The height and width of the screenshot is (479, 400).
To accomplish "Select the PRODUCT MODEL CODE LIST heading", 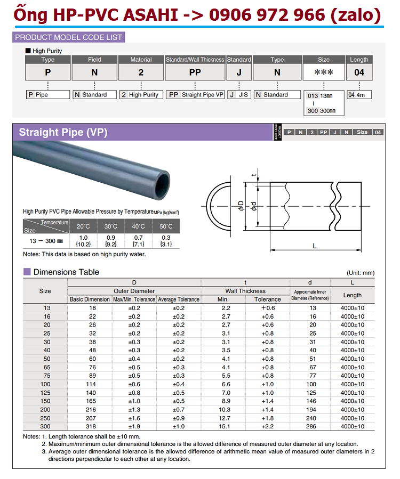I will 69,37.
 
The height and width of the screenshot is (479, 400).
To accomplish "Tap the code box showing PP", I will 195,72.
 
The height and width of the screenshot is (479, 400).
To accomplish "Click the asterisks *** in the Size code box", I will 324,72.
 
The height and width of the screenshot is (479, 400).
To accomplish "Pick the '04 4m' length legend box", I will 359,95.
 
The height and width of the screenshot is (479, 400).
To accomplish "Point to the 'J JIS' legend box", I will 239,95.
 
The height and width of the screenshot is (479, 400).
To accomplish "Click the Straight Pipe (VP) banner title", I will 63,132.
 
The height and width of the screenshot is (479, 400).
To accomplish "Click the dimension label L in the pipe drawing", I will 315,246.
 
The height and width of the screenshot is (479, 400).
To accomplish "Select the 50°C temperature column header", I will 166,226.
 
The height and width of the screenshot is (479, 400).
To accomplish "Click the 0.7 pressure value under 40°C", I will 138,238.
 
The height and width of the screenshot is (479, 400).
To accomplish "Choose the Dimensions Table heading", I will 66,272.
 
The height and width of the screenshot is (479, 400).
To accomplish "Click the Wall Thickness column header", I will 245,291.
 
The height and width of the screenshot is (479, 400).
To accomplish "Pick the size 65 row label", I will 45,367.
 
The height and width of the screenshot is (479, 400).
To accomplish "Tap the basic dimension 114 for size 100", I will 90,384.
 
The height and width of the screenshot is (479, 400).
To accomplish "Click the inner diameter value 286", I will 310,426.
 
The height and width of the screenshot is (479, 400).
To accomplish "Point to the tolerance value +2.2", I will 267,426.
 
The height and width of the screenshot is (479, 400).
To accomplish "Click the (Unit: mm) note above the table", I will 361,272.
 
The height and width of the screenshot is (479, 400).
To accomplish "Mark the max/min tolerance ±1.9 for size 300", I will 134,426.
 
